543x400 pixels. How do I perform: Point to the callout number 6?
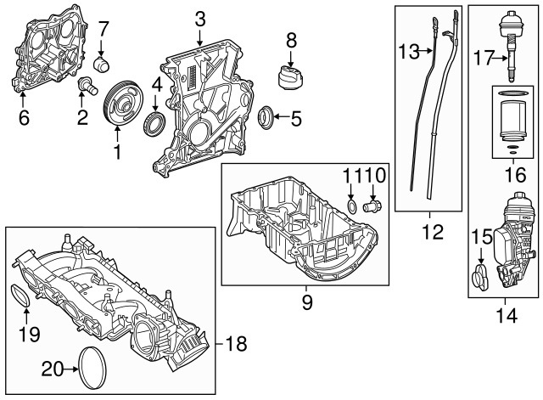(x=23, y=119)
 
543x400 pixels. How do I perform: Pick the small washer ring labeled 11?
(x=352, y=207)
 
